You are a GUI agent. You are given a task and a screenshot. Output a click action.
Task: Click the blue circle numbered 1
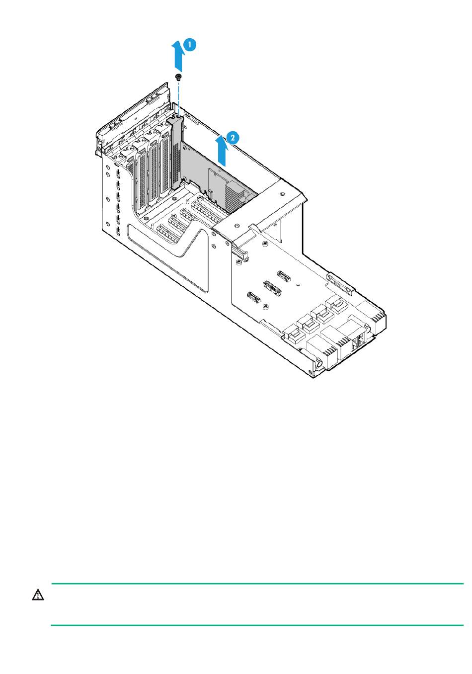(x=190, y=45)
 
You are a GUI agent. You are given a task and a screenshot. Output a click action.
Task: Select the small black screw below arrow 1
(x=178, y=77)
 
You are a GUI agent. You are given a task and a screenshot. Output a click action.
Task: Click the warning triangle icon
(x=38, y=595)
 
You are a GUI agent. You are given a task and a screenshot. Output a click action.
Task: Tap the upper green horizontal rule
(x=257, y=584)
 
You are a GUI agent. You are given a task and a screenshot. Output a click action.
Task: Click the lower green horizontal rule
(x=257, y=625)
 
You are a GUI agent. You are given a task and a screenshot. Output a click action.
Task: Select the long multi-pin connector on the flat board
(x=271, y=287)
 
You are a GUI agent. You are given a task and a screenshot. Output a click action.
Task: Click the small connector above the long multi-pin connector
(x=283, y=274)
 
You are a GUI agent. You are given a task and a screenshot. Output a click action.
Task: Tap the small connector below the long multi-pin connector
(x=253, y=298)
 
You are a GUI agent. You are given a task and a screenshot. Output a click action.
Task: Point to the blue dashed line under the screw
(x=178, y=97)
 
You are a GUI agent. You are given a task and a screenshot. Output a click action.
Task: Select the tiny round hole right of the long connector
(x=297, y=285)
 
